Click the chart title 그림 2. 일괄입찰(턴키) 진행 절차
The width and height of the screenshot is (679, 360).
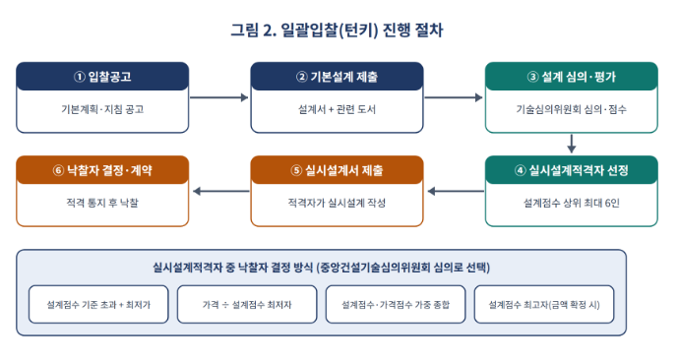[x=337, y=30]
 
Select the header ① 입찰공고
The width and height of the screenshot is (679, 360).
[x=102, y=77]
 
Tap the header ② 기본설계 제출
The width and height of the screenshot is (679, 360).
[x=337, y=77]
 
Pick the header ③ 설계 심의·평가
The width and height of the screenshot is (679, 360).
[x=572, y=77]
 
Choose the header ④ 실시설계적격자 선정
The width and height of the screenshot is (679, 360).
[x=572, y=170]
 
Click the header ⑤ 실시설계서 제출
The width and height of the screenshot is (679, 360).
[x=337, y=170]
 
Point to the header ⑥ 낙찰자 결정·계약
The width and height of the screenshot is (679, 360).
[x=102, y=170]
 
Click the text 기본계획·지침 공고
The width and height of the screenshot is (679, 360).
[x=102, y=109]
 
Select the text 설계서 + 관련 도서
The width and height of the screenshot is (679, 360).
[x=337, y=109]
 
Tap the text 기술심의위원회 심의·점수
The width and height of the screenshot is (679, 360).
[x=572, y=109]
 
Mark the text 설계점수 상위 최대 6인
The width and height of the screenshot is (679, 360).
[x=572, y=203]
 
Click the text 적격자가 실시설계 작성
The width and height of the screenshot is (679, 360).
[x=337, y=203]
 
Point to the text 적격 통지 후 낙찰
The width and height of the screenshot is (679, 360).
[x=102, y=203]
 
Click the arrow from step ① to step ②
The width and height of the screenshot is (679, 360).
[x=219, y=97]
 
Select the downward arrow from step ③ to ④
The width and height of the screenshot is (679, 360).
[x=572, y=144]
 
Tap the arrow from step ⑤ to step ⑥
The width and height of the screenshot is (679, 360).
[x=220, y=191]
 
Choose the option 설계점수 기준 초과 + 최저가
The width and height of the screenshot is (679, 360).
[x=98, y=305]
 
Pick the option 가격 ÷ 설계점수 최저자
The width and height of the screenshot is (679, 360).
[x=247, y=305]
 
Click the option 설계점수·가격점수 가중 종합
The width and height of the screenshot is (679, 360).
[x=396, y=305]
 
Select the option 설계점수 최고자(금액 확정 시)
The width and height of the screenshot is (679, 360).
[x=544, y=305]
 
